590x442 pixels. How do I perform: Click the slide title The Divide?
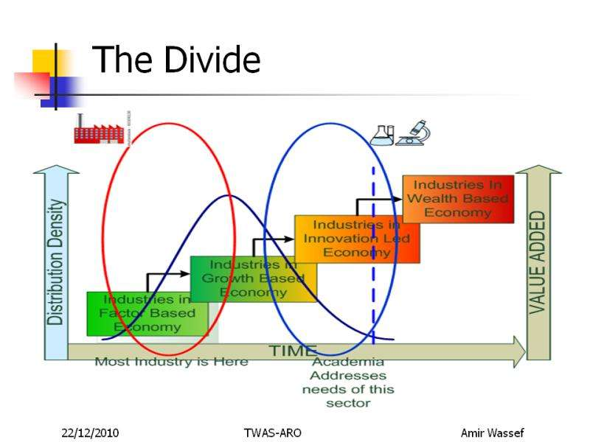[x=176, y=60]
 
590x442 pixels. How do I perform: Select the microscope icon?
[x=414, y=133]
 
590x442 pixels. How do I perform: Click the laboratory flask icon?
[x=381, y=136]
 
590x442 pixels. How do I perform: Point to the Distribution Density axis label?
[x=56, y=262]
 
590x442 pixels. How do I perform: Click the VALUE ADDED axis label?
[x=538, y=263]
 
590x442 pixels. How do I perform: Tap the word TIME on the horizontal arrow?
[x=293, y=351]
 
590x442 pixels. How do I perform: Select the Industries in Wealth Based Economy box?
[x=458, y=199]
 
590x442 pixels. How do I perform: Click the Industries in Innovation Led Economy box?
[x=357, y=239]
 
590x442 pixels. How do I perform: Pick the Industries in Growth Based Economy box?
[x=254, y=279]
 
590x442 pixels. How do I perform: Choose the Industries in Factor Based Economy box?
[x=147, y=314]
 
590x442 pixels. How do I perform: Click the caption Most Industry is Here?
[x=172, y=362]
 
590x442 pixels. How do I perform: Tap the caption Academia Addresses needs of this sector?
[x=348, y=382]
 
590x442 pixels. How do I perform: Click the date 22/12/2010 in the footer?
[x=90, y=433]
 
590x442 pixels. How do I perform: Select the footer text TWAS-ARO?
[x=272, y=433]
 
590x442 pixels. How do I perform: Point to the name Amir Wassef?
[x=492, y=433]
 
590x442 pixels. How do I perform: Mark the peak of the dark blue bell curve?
[x=229, y=195]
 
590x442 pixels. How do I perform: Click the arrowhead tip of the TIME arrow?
[x=525, y=352]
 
